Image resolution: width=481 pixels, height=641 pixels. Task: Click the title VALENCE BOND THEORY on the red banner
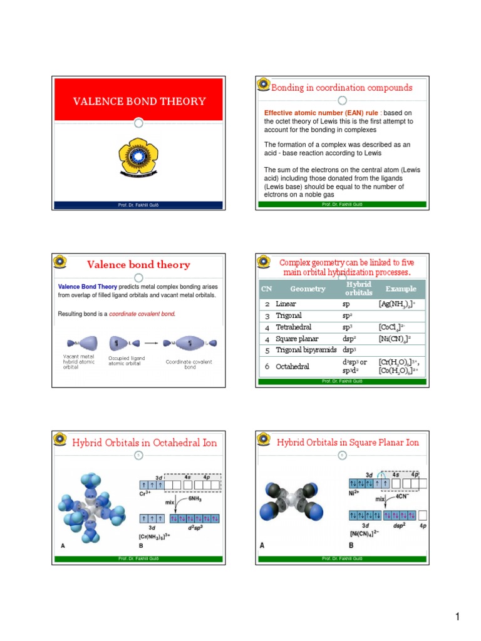point(140,101)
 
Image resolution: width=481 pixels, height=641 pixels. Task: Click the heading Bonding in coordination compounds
point(341,88)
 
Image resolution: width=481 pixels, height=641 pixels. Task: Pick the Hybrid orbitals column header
point(358,289)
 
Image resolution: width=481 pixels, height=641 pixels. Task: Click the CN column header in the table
point(266,289)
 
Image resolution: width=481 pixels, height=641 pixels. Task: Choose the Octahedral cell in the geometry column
point(293,366)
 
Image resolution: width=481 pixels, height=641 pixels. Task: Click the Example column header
point(401,289)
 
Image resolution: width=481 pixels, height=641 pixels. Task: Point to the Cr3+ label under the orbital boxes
point(147,493)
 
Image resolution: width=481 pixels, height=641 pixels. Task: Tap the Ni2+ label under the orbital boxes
point(356,493)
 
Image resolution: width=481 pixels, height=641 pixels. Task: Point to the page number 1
point(457,618)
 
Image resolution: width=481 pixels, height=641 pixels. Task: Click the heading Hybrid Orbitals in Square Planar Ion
point(348,443)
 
